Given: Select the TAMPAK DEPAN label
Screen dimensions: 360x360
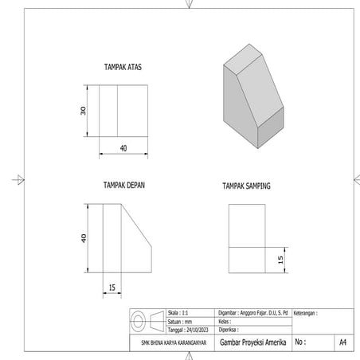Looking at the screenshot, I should coord(123,185).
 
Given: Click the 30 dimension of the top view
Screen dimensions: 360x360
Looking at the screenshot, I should coord(83,111).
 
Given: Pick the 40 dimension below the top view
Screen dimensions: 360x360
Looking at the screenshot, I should coord(123,148).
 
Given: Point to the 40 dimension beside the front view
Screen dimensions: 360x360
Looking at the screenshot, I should coord(83,239).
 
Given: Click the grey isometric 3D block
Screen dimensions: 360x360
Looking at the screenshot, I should coord(251,92).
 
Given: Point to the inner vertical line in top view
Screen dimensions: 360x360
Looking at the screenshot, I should coord(118,111).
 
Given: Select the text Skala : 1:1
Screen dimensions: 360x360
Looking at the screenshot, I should coord(179,313).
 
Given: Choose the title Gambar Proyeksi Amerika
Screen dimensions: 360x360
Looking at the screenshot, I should coord(251,342).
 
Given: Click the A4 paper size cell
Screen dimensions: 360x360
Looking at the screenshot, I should coord(342,342).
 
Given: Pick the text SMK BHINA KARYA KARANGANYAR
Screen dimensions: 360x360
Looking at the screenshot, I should coord(169,342).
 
